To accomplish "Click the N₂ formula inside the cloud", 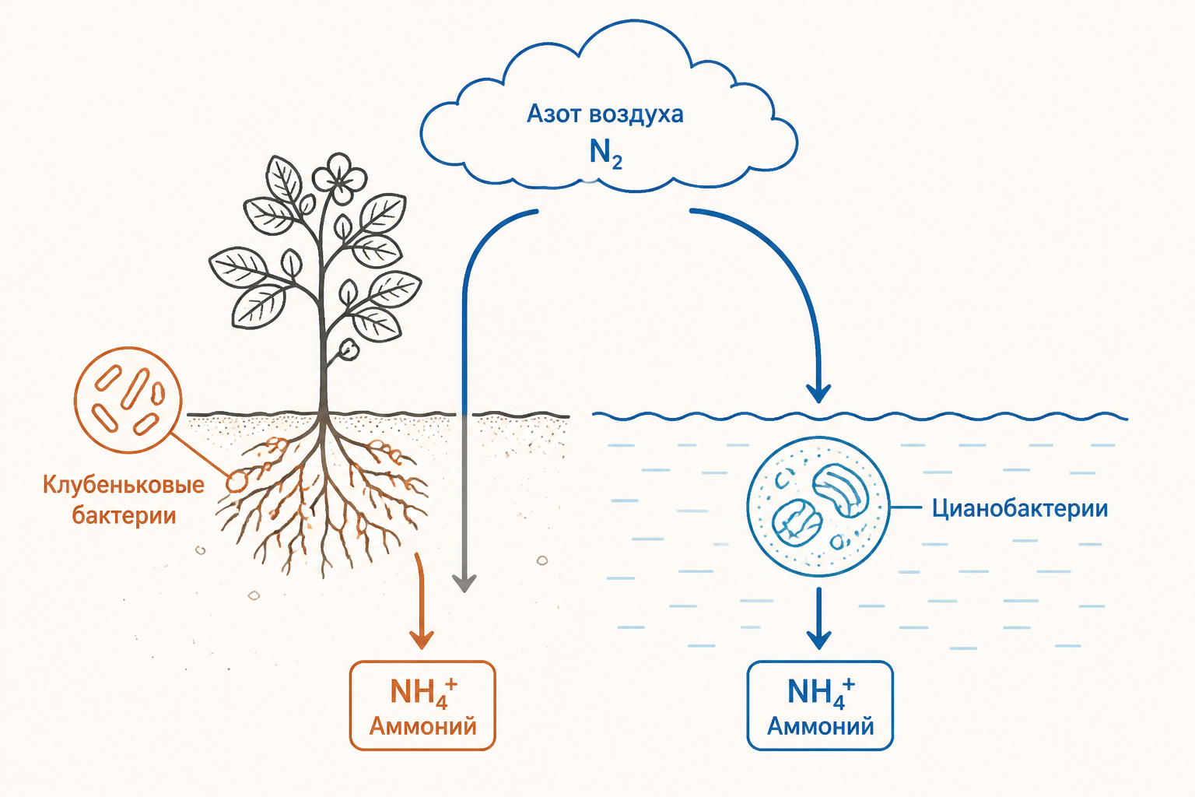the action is (x=605, y=154).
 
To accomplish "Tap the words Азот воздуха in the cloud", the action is (x=605, y=114).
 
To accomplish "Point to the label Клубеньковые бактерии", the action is (x=124, y=500).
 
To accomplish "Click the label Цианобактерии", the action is (x=1019, y=509).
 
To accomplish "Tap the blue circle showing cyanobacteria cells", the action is (x=818, y=507).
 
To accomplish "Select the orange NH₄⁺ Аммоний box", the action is (x=422, y=705).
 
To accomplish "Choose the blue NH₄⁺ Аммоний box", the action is (x=820, y=705).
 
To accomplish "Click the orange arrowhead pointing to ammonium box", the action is (x=422, y=640).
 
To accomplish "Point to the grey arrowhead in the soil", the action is (x=464, y=583).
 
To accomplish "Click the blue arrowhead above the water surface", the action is (x=818, y=393).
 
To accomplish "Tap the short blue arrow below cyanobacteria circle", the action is (x=818, y=619).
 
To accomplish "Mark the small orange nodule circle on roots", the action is (x=236, y=482).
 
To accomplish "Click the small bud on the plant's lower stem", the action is (x=349, y=349).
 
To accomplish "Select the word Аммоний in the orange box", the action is (x=422, y=726).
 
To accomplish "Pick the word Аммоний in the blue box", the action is (x=821, y=726).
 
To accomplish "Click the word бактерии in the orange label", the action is (x=124, y=516).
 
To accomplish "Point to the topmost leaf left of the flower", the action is (x=284, y=179).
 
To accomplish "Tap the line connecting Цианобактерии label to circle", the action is (x=906, y=507).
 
